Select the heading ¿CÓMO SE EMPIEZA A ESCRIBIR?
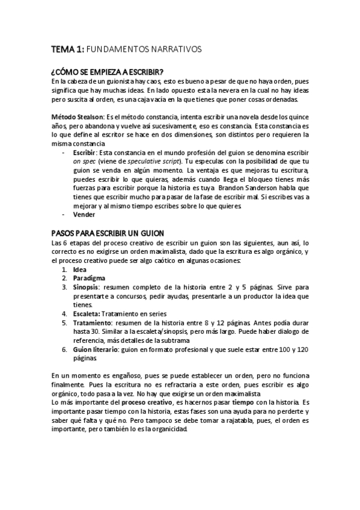click(x=105, y=72)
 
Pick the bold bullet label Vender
click(x=84, y=214)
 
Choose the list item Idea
click(x=79, y=269)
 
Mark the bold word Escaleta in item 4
click(x=87, y=313)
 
